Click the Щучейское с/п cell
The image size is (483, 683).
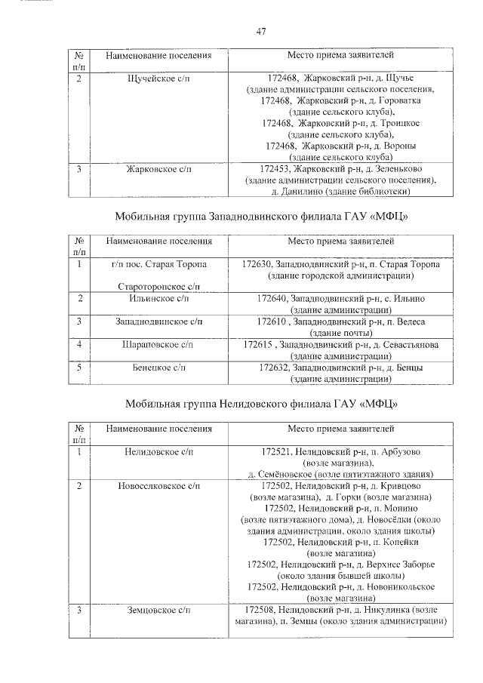pos(158,78)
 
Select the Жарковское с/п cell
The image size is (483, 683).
pos(158,169)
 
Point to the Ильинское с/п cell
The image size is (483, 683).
pos(158,299)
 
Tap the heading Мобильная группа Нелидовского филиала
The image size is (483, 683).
pos(261,403)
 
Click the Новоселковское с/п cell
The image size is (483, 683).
pos(158,485)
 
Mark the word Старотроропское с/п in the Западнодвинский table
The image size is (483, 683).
pos(158,287)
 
